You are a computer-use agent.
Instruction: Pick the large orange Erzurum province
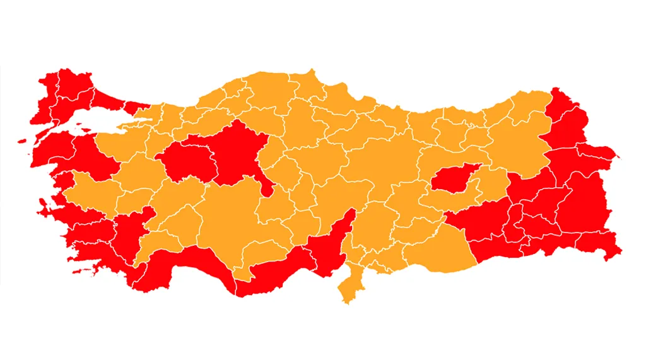pyautogui.click(x=511, y=142)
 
